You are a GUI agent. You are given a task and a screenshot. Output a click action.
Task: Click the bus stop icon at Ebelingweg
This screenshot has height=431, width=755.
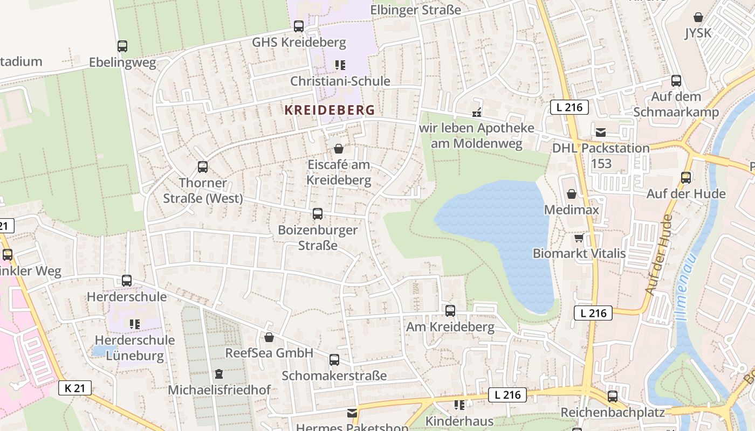tap(122, 46)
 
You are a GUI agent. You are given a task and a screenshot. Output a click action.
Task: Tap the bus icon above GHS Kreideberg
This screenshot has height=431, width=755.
tap(299, 26)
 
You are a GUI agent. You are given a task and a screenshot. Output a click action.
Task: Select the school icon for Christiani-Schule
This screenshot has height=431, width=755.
tap(340, 65)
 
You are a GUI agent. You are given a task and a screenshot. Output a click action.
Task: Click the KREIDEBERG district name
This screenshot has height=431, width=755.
tap(330, 110)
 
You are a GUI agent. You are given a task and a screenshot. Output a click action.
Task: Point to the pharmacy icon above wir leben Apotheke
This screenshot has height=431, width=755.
tap(477, 112)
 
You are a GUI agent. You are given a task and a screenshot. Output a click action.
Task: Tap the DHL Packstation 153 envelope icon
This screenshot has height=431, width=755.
tap(601, 132)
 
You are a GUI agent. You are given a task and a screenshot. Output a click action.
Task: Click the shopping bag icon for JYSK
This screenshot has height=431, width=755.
tap(698, 17)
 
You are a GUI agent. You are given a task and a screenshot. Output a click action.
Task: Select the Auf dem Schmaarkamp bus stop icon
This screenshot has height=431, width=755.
tap(676, 81)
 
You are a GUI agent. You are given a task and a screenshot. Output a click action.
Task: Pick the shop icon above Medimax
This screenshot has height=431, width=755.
tap(572, 194)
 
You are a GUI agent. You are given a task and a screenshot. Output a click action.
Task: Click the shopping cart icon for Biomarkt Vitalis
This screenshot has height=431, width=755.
tap(579, 238)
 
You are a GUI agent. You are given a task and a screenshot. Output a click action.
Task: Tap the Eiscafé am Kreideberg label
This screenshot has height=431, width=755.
tap(339, 172)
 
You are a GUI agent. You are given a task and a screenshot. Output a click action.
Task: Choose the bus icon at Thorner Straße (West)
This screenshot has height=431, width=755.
tap(203, 167)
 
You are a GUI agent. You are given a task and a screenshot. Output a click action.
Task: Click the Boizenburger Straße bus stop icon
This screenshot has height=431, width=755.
tap(318, 214)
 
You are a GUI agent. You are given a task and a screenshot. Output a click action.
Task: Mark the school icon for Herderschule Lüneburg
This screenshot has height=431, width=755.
tap(134, 324)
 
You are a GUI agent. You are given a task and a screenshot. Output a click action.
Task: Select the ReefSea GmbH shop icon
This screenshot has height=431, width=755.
tap(269, 337)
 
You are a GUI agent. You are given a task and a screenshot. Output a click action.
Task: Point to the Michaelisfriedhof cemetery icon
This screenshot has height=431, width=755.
tap(219, 373)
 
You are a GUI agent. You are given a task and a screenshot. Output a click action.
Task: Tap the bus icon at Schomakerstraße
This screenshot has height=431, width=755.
tap(334, 360)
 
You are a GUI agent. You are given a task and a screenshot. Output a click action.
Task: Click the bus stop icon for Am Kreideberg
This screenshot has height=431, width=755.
tap(450, 311)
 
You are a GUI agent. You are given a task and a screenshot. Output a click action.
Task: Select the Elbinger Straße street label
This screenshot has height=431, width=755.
tap(416, 10)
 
